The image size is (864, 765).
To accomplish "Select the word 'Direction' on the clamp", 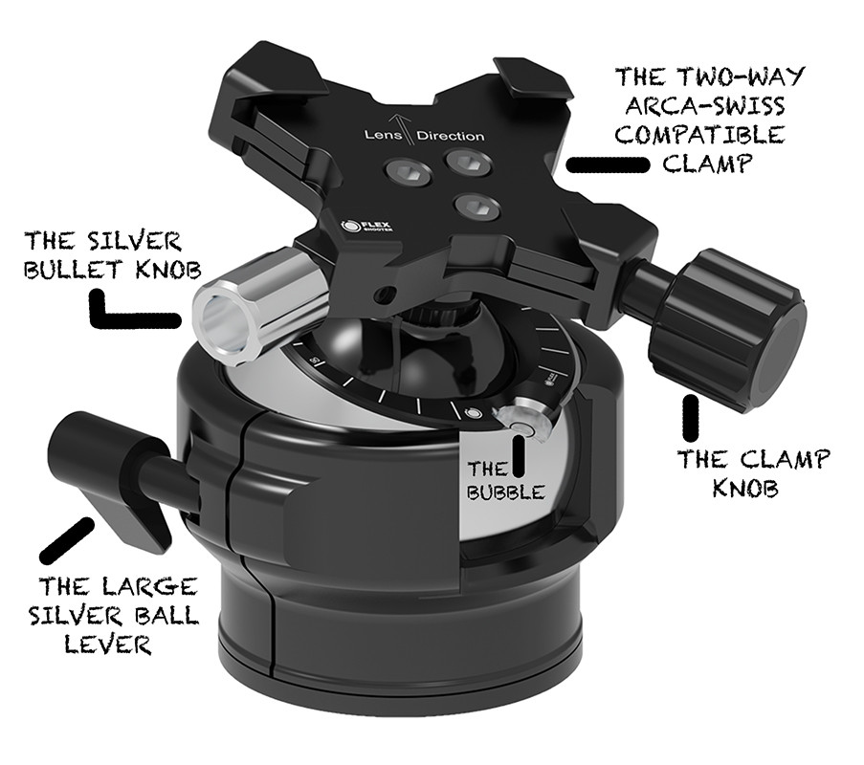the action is (x=451, y=136).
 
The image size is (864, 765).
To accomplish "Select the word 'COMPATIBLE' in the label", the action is (x=699, y=134).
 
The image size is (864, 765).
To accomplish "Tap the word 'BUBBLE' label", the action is (x=506, y=492).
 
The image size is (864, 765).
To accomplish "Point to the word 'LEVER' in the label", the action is (x=108, y=644).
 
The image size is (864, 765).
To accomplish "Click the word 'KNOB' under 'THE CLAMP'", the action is (x=745, y=488).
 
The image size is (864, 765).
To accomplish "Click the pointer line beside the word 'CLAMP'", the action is (x=609, y=164).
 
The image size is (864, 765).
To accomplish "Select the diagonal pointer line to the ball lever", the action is (x=67, y=539).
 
